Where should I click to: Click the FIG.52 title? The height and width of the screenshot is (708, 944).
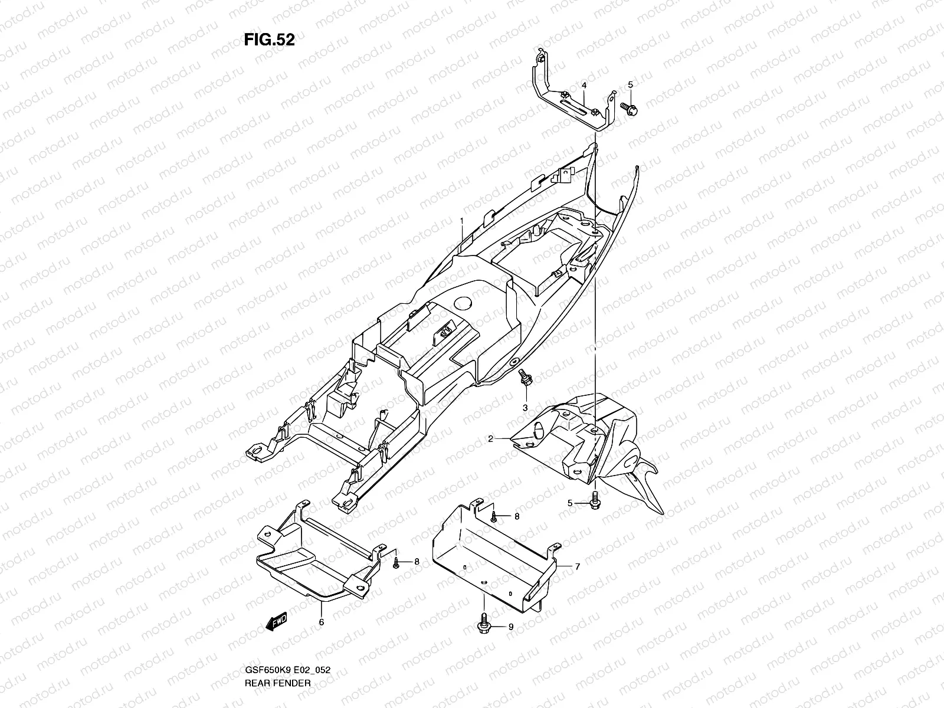[x=269, y=40]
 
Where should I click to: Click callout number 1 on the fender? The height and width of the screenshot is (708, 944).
[x=463, y=221]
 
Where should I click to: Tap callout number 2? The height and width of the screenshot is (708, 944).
[x=490, y=439]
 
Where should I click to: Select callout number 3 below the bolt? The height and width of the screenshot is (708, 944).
[x=525, y=408]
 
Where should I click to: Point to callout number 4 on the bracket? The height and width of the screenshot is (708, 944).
[x=584, y=86]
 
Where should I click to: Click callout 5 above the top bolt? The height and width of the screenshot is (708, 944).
[x=630, y=85]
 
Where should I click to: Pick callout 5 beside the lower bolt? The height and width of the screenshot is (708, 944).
[x=570, y=503]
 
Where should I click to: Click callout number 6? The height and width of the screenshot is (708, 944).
[x=322, y=621]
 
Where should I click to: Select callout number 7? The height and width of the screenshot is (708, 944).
[x=577, y=566]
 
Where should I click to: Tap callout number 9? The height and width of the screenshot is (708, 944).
[x=511, y=627]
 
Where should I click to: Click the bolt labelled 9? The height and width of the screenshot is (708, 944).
[x=483, y=623]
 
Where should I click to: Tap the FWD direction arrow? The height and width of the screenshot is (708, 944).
[x=276, y=621]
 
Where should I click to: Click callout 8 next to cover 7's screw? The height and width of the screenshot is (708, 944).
[x=516, y=516]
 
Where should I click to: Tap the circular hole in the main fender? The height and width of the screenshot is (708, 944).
[x=463, y=304]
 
